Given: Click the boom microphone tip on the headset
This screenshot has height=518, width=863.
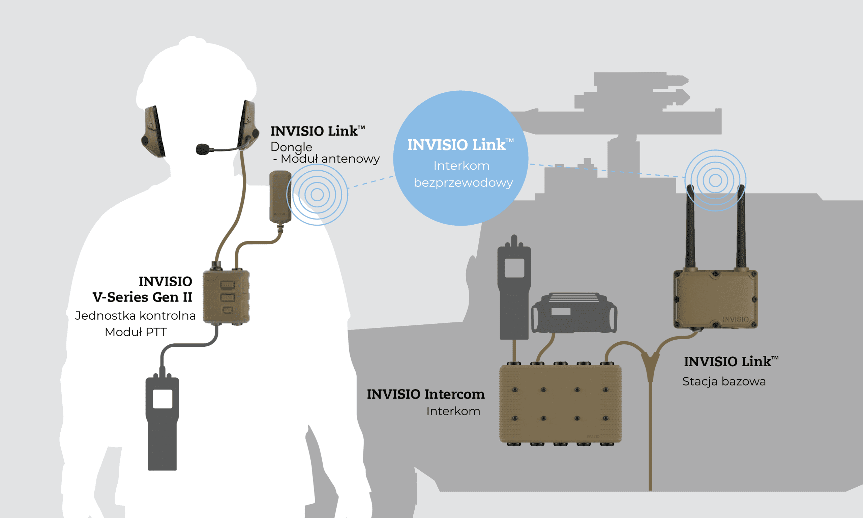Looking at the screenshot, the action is (x=202, y=149).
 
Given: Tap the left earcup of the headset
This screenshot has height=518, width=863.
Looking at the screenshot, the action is (x=153, y=131).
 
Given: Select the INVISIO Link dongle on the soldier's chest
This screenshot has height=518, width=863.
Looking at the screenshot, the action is (x=280, y=197).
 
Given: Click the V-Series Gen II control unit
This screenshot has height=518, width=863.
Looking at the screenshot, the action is (x=226, y=296).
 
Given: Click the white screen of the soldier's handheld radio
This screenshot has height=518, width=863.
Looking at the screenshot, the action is (x=162, y=399).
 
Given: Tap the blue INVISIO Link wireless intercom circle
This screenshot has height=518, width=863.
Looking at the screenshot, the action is (x=460, y=158).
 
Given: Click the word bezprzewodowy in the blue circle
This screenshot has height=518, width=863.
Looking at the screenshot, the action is (x=463, y=183).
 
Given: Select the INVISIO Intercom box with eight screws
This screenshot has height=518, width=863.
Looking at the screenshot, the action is (x=560, y=404).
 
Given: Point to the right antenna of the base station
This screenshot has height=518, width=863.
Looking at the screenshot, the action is (x=741, y=227).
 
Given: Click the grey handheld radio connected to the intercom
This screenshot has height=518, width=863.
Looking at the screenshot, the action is (x=514, y=287).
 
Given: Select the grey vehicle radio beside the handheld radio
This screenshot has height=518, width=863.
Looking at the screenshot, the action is (x=574, y=313).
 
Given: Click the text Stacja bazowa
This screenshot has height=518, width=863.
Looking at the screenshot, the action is (x=724, y=381).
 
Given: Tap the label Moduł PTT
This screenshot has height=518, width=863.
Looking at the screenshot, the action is (x=136, y=332).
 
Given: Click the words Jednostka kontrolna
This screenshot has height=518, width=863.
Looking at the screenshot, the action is (x=135, y=316).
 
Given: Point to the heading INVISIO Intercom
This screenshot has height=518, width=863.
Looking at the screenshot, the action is (x=425, y=394).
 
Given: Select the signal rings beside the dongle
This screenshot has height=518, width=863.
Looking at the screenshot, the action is (x=317, y=195).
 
